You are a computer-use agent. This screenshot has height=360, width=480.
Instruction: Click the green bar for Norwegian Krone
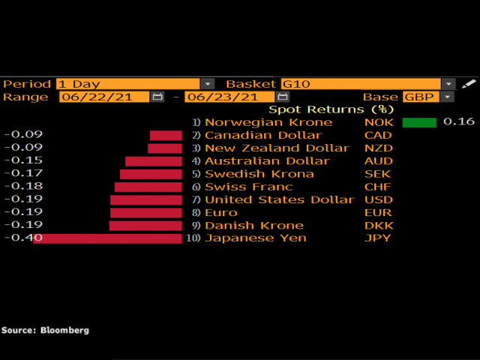tap(419, 122)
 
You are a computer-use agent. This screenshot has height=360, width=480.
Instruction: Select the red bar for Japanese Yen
tap(107, 238)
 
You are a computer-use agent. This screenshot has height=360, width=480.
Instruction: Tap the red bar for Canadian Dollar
tap(166, 136)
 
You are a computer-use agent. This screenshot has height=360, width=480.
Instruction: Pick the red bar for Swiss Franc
tap(148, 187)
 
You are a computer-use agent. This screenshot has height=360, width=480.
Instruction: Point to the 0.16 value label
tap(459, 122)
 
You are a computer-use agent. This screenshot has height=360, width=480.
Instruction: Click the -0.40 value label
tap(22, 238)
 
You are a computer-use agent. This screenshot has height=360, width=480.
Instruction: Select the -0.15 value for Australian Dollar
tap(22, 161)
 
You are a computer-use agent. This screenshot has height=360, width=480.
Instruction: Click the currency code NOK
tap(378, 122)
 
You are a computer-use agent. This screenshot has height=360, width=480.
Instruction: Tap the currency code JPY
tap(377, 238)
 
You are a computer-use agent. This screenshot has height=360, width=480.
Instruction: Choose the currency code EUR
tap(377, 213)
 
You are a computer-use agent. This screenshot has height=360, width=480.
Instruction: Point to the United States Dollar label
tap(279, 199)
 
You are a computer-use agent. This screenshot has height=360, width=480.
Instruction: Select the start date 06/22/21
tap(104, 97)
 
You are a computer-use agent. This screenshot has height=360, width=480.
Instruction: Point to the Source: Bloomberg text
tap(45, 330)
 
